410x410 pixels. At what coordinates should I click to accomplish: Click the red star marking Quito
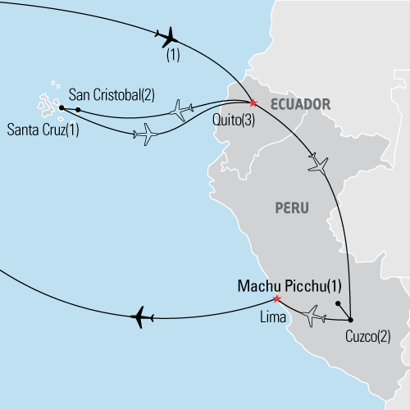253,102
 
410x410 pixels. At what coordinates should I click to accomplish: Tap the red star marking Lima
277,298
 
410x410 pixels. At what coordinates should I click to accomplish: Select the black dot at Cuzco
350,319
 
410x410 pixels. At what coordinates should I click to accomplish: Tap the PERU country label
291,208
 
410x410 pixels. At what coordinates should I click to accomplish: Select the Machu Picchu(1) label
288,286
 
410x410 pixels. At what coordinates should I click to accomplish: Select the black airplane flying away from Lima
143,316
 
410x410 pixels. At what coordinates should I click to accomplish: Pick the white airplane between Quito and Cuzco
317,162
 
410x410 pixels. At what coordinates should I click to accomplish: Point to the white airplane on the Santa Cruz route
147,133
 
